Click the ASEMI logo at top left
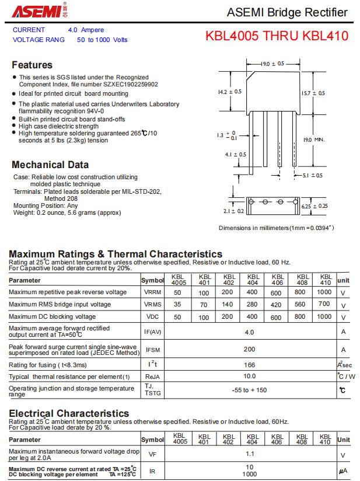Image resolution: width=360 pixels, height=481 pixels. coord(37,12)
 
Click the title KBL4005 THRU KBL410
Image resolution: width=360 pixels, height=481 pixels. coord(277,36)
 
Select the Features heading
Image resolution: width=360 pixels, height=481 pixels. coord(32,65)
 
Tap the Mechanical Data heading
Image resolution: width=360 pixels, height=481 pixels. coord(50,165)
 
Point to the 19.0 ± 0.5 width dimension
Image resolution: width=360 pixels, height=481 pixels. coord(272,63)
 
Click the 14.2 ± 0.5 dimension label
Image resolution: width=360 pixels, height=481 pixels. coord(229,92)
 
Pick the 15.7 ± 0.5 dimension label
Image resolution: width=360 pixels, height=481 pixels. coord(313,93)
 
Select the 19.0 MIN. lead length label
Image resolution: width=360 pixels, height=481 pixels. coord(313,140)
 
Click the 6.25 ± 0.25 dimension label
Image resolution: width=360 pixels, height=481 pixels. coord(314,205)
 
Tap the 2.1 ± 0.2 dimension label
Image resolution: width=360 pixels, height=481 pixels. coord(233,211)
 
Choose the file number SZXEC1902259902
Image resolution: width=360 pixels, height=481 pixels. coord(129,84)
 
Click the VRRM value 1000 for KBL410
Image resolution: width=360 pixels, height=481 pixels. coord(324,292)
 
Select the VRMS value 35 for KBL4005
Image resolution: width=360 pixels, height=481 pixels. coord(177,304)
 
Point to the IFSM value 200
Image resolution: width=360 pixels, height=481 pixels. coord(250,349)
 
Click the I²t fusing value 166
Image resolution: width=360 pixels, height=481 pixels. coord(250,364)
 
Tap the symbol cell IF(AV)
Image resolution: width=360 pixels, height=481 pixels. coord(152,332)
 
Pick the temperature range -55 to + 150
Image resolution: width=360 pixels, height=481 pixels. coord(250,390)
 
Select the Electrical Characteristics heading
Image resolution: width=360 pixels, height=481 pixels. coord(69,413)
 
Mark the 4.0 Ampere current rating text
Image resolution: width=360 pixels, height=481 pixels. coord(86,30)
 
